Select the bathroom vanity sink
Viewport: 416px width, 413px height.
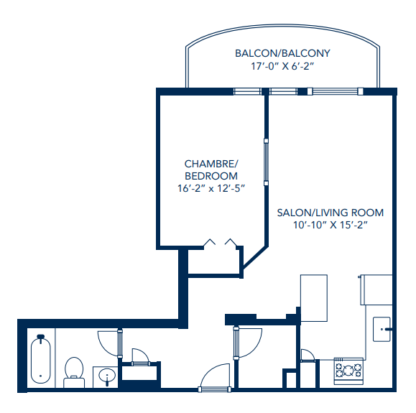pyautogui.click(x=106, y=376)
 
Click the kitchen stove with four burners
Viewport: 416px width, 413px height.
pyautogui.click(x=348, y=371)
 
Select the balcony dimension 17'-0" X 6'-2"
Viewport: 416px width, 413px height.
pyautogui.click(x=282, y=66)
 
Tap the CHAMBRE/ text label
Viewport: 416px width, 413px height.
pyautogui.click(x=211, y=164)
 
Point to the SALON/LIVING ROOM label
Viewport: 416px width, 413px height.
pyautogui.click(x=331, y=213)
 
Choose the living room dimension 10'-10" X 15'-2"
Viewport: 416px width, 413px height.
pyautogui.click(x=331, y=226)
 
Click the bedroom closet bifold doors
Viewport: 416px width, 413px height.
pyautogui.click(x=220, y=243)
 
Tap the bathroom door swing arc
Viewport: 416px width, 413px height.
pyautogui.click(x=107, y=341)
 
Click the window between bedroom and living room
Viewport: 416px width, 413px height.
pyautogui.click(x=265, y=162)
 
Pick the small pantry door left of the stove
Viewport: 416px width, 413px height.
pyautogui.click(x=307, y=354)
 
